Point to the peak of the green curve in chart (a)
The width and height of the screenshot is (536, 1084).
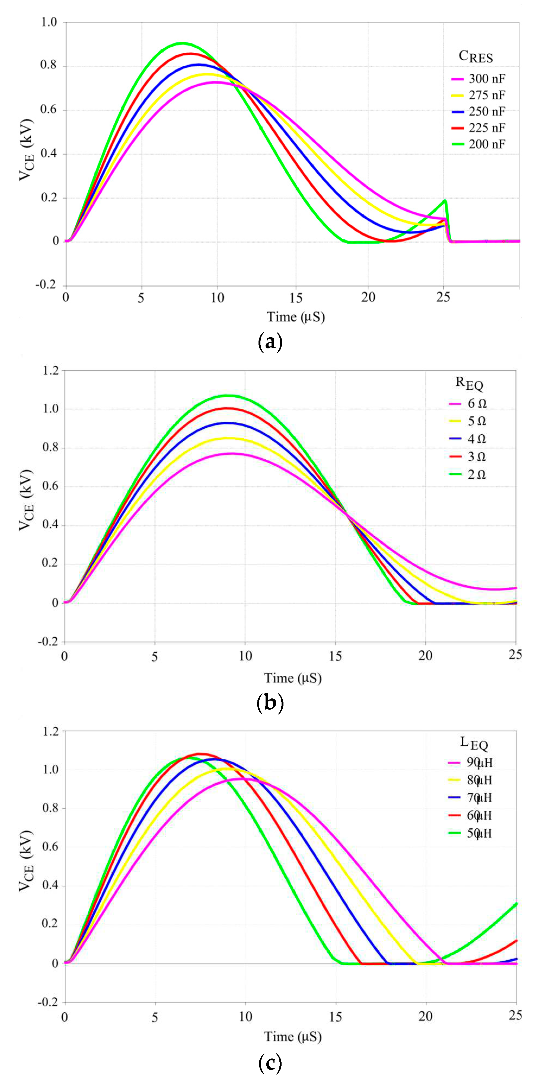pos(183,43)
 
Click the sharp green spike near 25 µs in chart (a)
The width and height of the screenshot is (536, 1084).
pos(445,201)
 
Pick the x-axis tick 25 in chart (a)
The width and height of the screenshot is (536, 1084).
pos(443,297)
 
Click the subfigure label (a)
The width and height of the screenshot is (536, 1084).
pos(269,342)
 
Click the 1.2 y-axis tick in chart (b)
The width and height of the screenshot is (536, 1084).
pos(50,370)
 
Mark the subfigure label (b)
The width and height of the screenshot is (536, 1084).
pos(269,703)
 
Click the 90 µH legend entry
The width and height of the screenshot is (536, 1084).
pos(479,762)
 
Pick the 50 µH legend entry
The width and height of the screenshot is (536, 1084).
pos(479,833)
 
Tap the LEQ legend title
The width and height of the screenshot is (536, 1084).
pos(474,743)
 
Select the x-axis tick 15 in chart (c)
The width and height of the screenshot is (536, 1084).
pos(335,1017)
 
